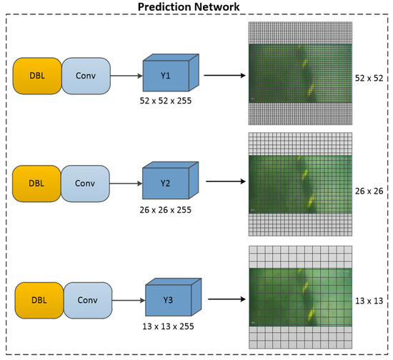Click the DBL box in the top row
click(37, 74)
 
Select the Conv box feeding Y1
click(85, 74)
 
